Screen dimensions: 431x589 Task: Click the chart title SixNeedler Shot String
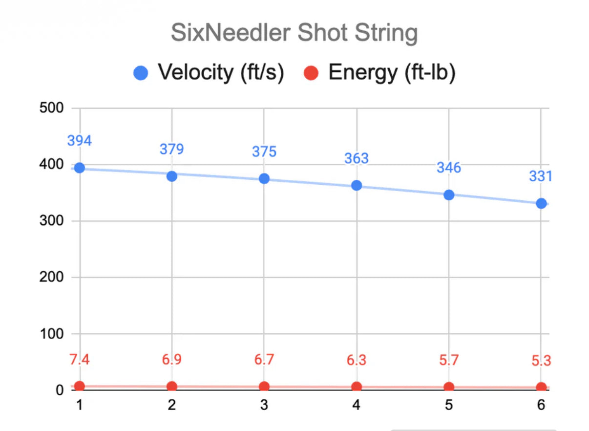[294, 34]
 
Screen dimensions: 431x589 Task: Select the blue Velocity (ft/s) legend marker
[141, 73]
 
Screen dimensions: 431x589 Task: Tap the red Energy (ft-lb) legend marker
[311, 73]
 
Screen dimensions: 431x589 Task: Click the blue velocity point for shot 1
[79, 168]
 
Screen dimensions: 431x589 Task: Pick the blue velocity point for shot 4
[357, 185]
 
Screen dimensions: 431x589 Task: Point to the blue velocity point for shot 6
[541, 203]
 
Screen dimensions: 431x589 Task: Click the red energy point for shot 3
[264, 387]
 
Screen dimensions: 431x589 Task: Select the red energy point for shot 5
[449, 387]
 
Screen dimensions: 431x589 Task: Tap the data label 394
[79, 141]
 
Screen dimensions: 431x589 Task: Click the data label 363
[357, 158]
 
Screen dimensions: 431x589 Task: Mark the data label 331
[540, 176]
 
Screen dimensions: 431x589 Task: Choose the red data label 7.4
[79, 360]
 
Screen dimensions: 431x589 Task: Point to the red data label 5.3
[541, 362]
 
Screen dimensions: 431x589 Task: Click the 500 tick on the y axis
[52, 108]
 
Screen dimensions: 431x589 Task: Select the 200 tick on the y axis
[52, 278]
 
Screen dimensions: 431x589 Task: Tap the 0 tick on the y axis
[60, 390]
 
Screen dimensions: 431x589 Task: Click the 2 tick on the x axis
[171, 405]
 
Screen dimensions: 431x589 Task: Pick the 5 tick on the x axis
[449, 405]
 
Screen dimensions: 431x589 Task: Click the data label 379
[171, 149]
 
